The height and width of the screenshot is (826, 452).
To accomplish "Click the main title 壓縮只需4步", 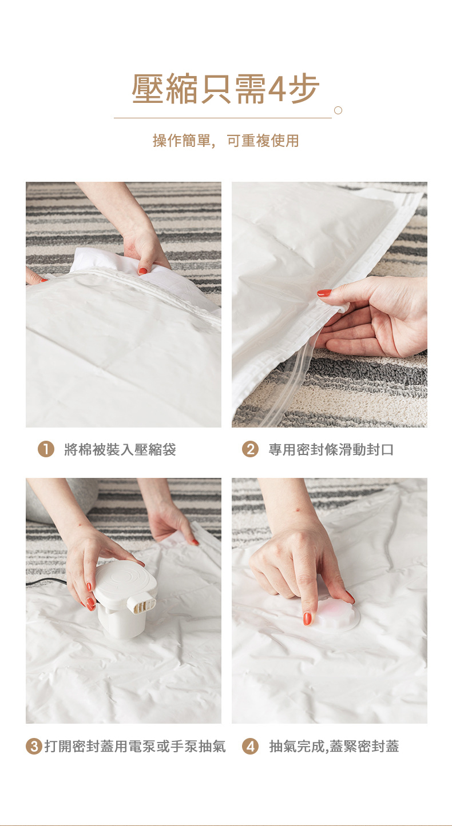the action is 225,89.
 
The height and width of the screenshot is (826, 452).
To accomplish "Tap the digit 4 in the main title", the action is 276,89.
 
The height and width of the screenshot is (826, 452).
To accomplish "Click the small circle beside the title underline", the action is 338,110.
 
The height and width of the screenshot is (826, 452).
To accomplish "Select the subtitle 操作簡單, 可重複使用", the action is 225,141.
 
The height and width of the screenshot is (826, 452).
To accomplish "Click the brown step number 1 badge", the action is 46,449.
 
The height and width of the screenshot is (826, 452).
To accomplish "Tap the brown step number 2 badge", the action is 250,449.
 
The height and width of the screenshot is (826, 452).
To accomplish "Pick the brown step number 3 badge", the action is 34,747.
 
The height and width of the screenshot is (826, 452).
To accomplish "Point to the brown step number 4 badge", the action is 250,747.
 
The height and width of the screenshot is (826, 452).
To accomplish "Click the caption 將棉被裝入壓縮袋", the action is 120,449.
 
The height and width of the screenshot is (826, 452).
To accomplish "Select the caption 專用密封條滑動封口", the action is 331,449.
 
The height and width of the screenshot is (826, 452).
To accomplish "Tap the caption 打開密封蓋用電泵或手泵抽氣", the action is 135,747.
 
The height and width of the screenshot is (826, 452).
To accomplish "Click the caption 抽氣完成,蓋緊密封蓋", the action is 334,747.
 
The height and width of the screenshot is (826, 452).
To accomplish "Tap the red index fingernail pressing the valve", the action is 307,618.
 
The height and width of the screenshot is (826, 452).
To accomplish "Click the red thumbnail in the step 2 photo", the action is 324,293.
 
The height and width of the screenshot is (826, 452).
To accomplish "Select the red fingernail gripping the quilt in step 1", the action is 142,272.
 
